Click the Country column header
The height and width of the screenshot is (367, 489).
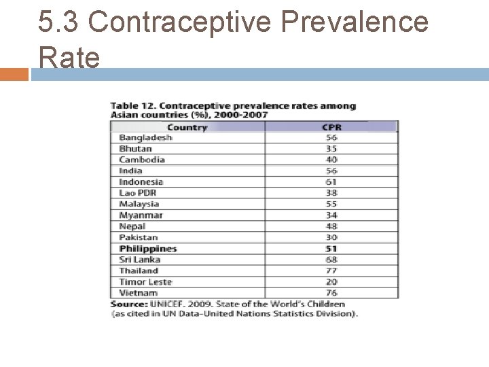coord(187,127)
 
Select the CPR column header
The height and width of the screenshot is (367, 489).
coord(331,127)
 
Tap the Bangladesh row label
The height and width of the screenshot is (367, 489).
coord(145,138)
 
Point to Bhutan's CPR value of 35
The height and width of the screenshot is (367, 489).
coord(331,149)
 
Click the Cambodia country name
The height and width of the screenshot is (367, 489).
coord(142,160)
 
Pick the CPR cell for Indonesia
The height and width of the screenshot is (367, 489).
coord(331,182)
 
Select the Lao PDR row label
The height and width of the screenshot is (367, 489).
coord(137,193)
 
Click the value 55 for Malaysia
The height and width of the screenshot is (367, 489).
coord(331,204)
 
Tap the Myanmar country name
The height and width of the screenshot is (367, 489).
coord(141,215)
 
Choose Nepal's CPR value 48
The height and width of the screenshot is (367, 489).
coord(331,226)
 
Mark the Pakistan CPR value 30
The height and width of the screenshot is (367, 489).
coord(331,237)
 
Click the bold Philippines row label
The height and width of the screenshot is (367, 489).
coord(148,249)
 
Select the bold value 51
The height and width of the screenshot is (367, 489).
coord(331,249)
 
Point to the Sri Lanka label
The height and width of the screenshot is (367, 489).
coord(140,260)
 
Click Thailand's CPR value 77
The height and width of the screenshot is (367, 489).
coord(331,270)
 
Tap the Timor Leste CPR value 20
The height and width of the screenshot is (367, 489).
coord(331,282)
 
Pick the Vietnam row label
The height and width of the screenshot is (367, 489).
coord(138,293)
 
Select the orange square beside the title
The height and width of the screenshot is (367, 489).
coord(14,75)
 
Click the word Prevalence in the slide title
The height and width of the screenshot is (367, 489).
coord(355,21)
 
